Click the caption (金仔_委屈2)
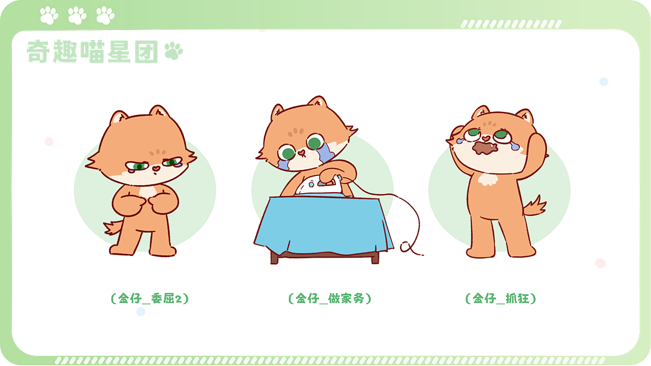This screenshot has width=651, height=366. tap(150, 298)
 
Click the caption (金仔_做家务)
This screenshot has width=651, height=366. tap(330, 298)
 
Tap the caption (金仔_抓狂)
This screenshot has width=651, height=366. tap(501, 298)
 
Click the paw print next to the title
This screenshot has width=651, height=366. tap(174, 51)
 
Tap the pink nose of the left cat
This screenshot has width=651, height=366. tap(155, 168)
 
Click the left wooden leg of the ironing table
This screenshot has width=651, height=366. tap(275, 257)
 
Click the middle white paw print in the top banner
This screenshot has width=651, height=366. tap(77, 15)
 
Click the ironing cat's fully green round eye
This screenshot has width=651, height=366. tap(314, 142)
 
